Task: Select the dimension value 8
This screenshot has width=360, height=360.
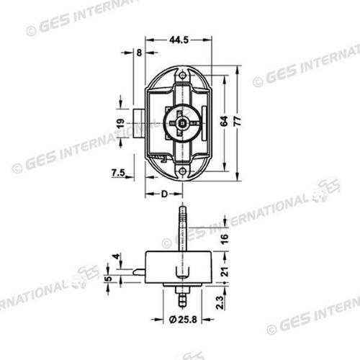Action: (x=138, y=53)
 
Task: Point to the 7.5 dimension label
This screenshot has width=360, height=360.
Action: (x=120, y=172)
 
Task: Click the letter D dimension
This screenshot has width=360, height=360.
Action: (x=164, y=194)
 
